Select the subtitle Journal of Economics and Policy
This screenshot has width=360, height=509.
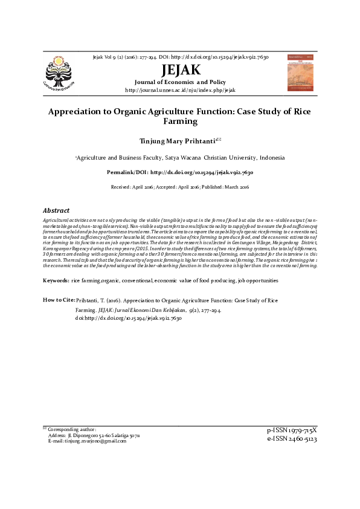coord(180,82)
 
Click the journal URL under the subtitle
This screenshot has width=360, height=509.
coord(179,90)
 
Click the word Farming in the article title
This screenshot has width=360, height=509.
coord(180,122)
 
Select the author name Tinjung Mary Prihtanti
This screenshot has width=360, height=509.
coord(177,141)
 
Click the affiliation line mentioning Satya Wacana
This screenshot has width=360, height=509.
coord(180,158)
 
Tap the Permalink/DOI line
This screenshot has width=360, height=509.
coord(180,172)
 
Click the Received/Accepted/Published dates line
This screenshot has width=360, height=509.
coord(180,187)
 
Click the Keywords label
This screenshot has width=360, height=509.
coord(56,281)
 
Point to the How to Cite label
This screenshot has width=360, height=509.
coord(59,300)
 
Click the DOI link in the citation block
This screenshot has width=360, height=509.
coord(120,317)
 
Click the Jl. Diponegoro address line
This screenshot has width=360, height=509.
coord(93,435)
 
